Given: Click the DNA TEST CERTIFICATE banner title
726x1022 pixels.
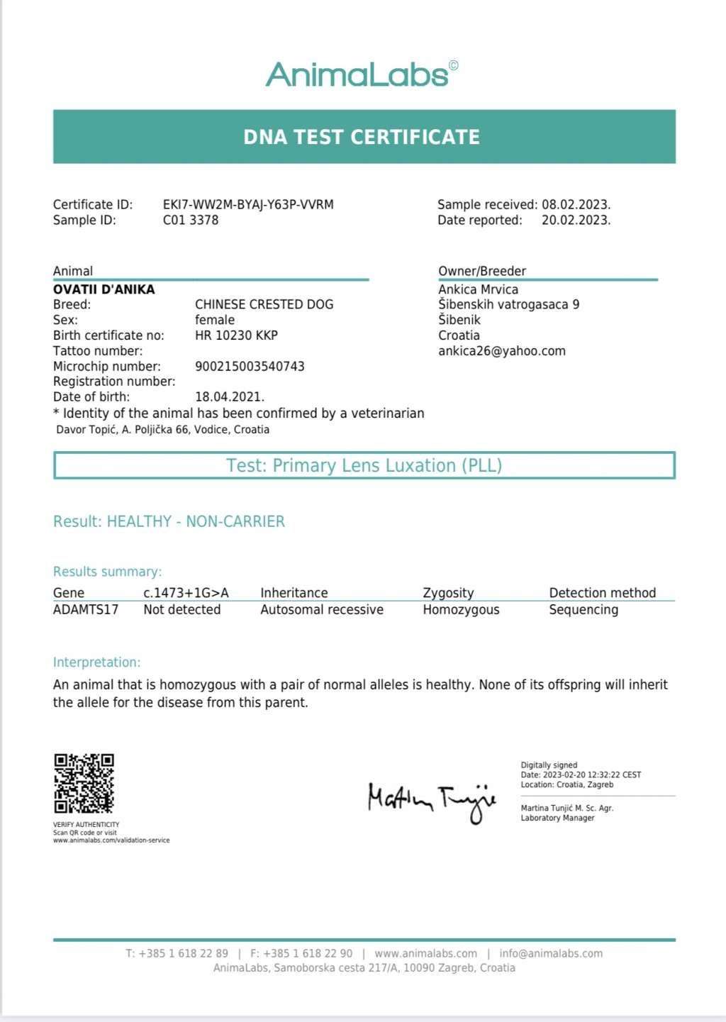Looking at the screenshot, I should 362,137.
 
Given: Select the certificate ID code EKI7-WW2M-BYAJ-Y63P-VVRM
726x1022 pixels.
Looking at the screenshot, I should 248,204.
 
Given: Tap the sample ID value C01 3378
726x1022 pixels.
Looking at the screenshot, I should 191,220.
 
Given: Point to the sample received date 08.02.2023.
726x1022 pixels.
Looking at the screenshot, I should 576,204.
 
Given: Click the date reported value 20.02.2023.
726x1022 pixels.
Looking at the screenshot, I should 576,220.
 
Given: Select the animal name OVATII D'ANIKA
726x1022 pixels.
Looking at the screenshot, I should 104,289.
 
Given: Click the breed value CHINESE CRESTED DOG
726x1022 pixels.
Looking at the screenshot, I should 264,304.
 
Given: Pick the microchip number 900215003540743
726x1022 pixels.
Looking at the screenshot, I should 250,366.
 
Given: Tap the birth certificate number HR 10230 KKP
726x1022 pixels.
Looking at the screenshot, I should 236,335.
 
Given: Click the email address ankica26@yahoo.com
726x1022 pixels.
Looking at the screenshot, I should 501,350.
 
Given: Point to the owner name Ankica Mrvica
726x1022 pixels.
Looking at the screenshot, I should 478,289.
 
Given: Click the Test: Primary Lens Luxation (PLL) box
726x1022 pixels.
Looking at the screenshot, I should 364,465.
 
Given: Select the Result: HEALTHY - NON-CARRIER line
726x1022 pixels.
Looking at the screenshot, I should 169,521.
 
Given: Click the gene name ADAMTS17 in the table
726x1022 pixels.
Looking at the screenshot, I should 86,609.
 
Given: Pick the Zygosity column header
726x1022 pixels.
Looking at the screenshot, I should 448,593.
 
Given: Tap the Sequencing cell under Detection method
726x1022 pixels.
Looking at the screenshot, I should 583,609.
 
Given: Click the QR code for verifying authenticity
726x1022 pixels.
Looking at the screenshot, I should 84,783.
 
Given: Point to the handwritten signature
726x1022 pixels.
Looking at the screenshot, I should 431,800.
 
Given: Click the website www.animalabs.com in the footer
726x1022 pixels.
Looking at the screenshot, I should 425,953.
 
